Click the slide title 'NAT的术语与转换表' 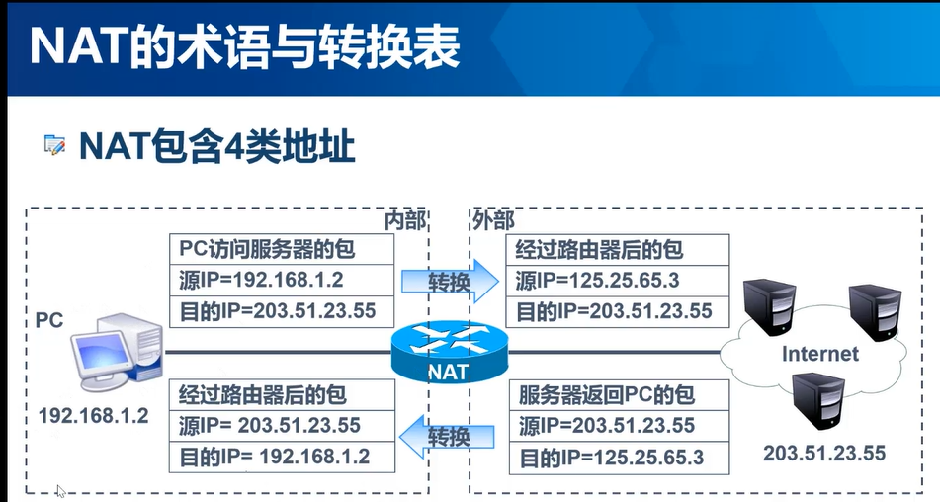coord(243,47)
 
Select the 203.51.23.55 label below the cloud coord(824,453)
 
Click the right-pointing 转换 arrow coord(451,281)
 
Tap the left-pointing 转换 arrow coord(448,436)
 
